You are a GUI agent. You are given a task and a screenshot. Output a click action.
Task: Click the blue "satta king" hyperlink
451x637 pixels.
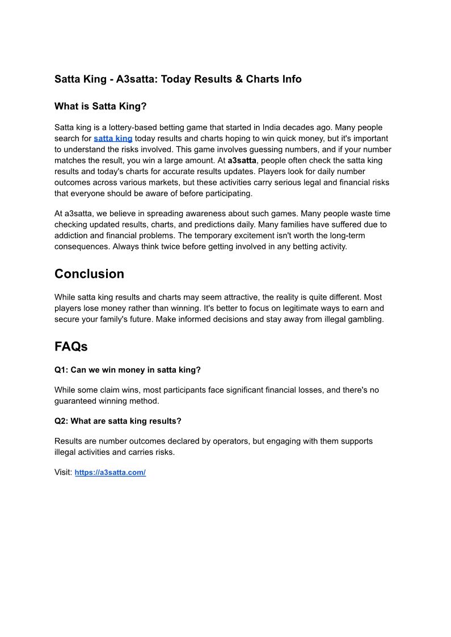[113, 138]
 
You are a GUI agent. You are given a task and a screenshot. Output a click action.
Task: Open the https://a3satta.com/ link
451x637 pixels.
[110, 473]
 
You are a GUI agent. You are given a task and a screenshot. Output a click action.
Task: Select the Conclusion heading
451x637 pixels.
[89, 274]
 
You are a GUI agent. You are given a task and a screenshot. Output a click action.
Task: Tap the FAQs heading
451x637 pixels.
[71, 346]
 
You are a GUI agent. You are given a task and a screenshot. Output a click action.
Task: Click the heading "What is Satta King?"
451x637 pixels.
[100, 106]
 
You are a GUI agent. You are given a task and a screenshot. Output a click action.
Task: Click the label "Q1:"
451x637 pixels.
[61, 370]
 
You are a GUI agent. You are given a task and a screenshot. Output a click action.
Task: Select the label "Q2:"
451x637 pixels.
[61, 421]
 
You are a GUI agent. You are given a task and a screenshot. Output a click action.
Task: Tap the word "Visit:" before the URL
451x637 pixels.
[64, 473]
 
